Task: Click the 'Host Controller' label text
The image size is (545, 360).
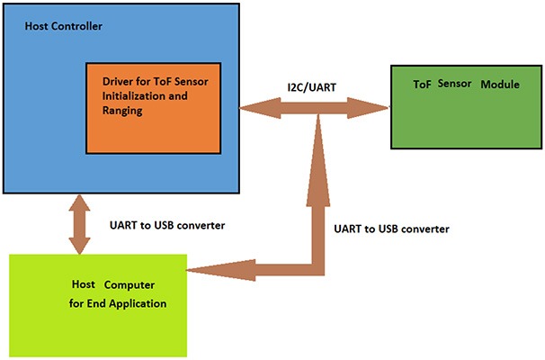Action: tap(65, 26)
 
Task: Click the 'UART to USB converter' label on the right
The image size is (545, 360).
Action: tap(390, 229)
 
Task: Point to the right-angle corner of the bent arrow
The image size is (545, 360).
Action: tap(317, 266)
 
